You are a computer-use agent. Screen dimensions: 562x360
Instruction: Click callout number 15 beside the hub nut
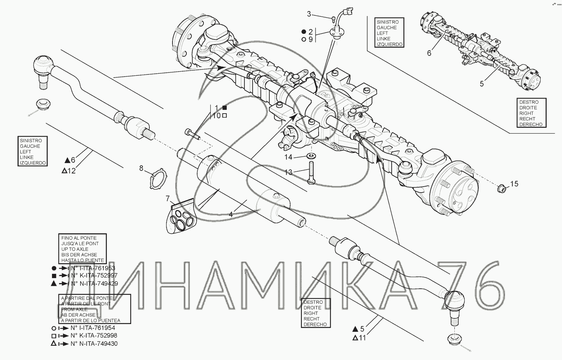coord(514,184)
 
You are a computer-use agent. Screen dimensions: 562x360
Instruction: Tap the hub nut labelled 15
coord(501,188)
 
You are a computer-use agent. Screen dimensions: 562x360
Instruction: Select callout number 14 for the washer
coord(288,157)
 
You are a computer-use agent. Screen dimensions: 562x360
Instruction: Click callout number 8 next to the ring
coord(141,168)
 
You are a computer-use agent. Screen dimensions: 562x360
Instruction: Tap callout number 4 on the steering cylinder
coord(231,214)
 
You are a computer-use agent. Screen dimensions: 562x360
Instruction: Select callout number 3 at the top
coord(309,14)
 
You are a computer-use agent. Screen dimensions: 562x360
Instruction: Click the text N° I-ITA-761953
coord(93,268)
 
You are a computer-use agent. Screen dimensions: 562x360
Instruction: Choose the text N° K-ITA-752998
coord(94,336)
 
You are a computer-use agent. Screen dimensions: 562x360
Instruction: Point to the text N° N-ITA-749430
coord(94,344)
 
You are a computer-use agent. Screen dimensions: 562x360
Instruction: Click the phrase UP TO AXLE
coord(75,249)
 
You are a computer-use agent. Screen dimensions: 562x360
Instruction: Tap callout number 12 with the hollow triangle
coord(71,171)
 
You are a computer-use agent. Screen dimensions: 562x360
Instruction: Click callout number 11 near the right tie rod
coord(362,338)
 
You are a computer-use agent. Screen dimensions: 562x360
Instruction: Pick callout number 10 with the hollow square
coord(217,116)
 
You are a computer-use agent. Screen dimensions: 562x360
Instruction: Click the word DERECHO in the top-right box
coord(531,125)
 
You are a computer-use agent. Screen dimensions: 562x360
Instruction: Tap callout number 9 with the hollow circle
coord(310,40)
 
